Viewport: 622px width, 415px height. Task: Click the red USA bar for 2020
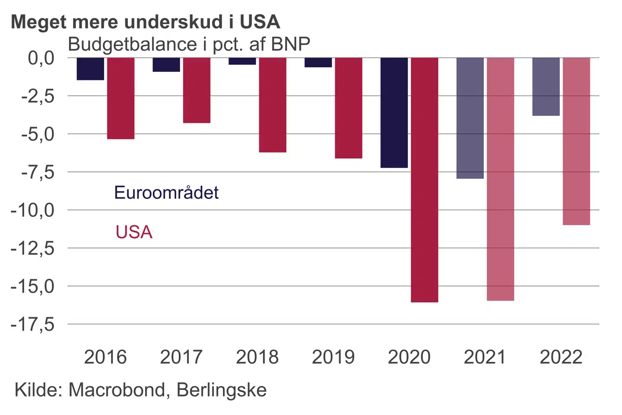click(x=425, y=179)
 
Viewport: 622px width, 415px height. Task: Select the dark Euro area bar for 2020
click(x=394, y=112)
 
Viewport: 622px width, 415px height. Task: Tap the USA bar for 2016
click(x=121, y=98)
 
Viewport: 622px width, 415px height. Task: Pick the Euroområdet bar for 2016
click(x=90, y=69)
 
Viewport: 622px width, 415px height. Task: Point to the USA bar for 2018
click(x=273, y=105)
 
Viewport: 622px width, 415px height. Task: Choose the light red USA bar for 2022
click(x=576, y=141)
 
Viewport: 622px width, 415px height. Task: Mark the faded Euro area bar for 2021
click(x=470, y=118)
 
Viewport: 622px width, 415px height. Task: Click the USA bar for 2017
click(x=197, y=90)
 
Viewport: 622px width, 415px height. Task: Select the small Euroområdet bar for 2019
click(x=318, y=62)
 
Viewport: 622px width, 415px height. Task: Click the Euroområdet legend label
click(x=166, y=192)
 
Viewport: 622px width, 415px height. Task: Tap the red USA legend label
click(x=134, y=232)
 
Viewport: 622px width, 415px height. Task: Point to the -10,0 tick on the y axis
click(x=33, y=211)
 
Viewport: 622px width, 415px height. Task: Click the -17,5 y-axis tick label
click(x=33, y=324)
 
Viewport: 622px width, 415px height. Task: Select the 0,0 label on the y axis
click(x=41, y=58)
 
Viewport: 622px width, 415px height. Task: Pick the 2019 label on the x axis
click(x=333, y=357)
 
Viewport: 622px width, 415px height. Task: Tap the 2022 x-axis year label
click(x=561, y=357)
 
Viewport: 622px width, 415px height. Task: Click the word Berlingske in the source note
click(x=222, y=390)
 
